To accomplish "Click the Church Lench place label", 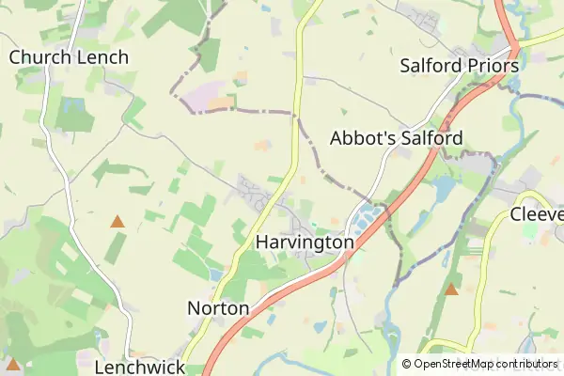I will [69, 57].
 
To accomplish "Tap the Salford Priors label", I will [459, 67].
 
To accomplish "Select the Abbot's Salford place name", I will [396, 138].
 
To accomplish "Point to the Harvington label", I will [305, 243].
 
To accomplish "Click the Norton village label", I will [218, 308].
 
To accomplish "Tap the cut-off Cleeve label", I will [536, 214].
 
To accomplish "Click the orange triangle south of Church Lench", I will [117, 222].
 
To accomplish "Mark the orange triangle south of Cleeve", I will [451, 289].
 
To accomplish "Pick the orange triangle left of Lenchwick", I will [13, 364].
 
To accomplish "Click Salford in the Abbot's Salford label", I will [431, 138].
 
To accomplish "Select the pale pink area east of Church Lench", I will [212, 98].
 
